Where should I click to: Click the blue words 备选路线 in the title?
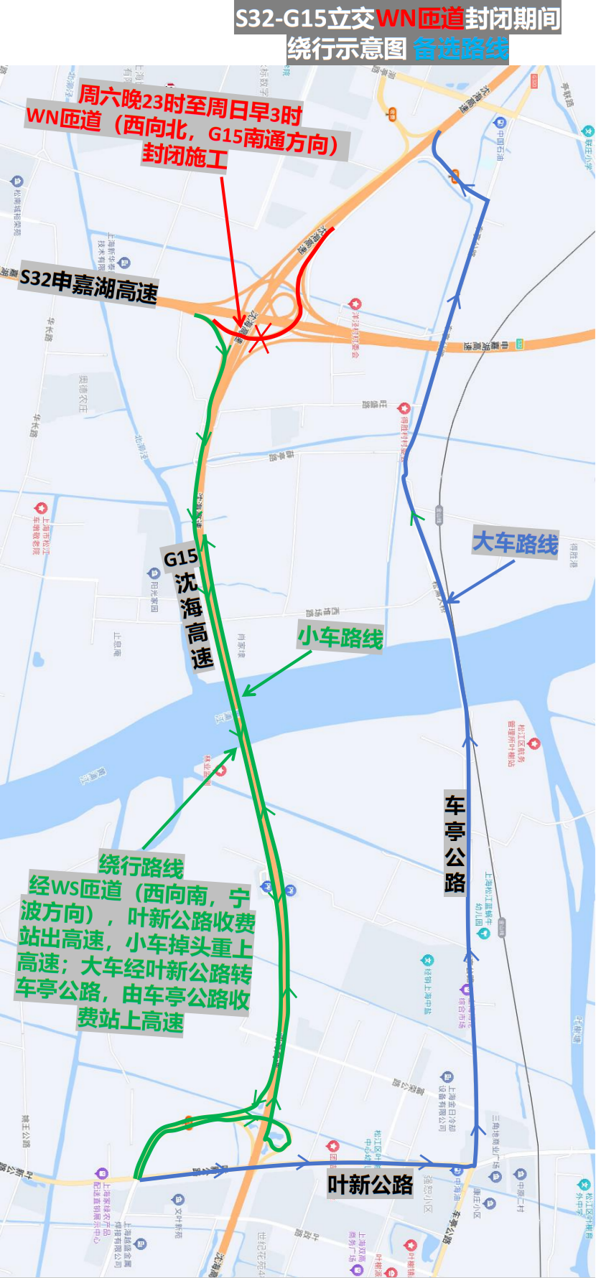(x=460, y=48)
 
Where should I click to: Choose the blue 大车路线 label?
(x=515, y=543)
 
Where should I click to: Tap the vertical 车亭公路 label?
(x=455, y=844)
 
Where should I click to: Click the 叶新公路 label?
(x=371, y=1185)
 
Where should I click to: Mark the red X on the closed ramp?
(x=259, y=337)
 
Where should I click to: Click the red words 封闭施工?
(x=185, y=155)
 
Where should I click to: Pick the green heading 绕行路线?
(x=141, y=866)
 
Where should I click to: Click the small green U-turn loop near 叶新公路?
(x=276, y=1134)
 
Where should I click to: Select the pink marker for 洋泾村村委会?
(x=353, y=305)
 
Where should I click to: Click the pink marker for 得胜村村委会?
(x=404, y=408)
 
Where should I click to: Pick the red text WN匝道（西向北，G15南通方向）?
(x=182, y=130)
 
